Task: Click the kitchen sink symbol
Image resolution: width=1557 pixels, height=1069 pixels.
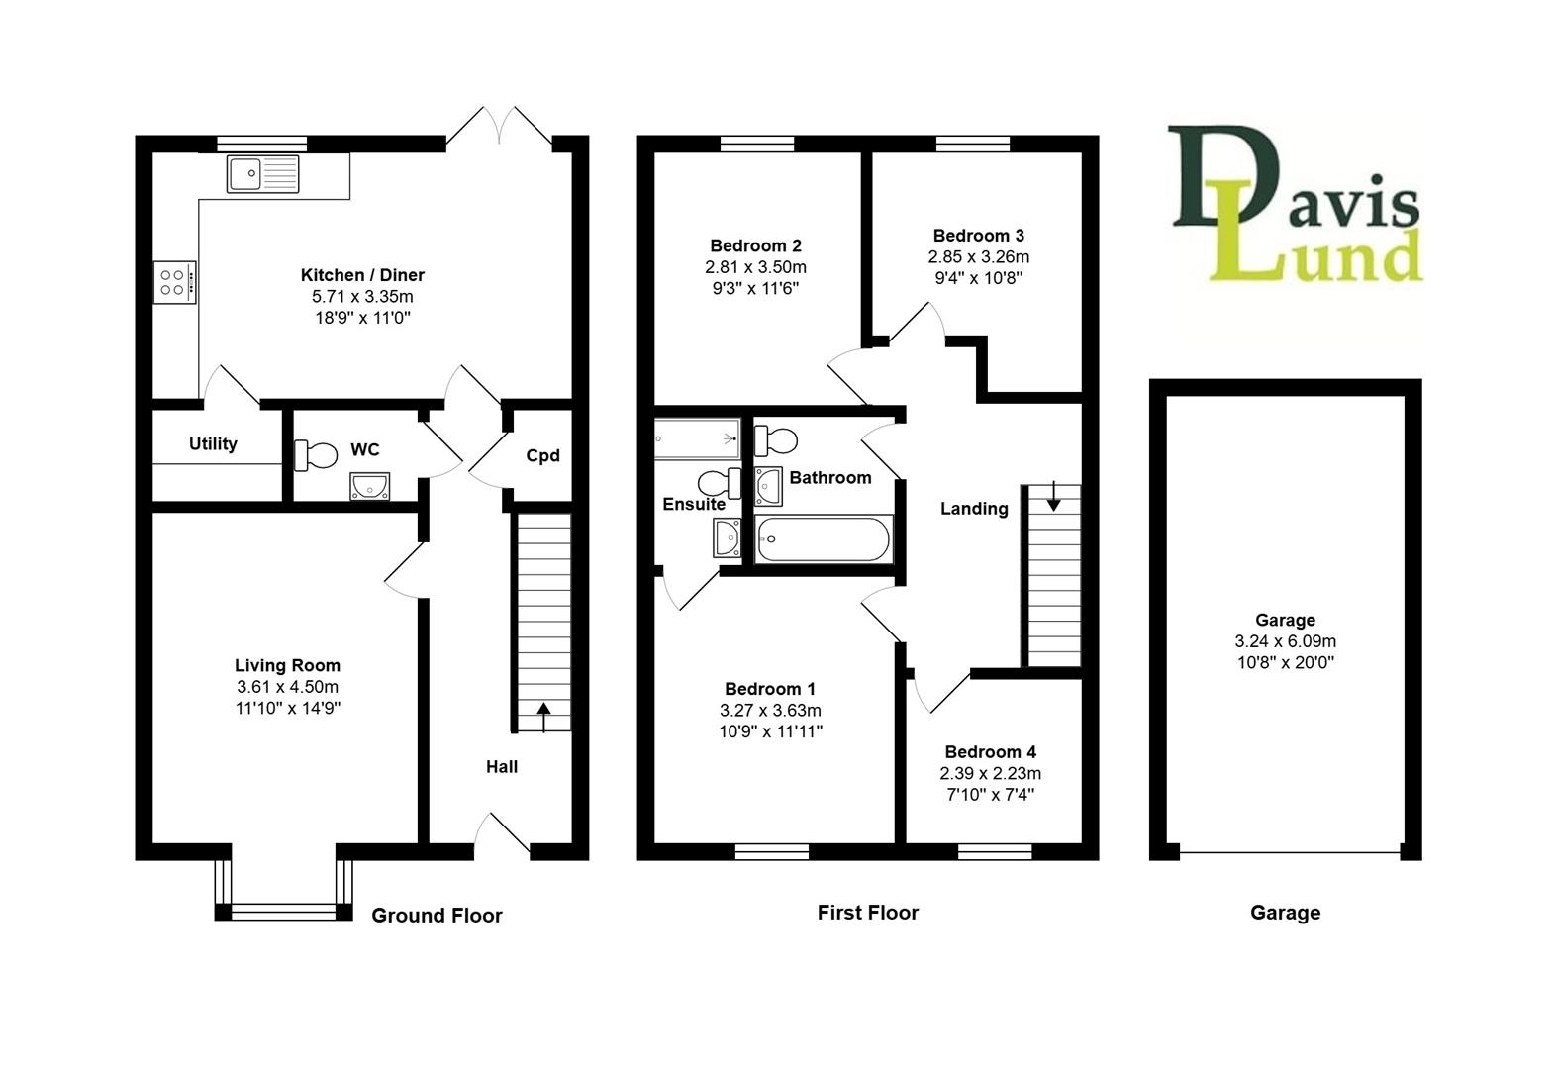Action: tap(262, 174)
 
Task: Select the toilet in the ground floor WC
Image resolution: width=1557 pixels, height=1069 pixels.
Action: tap(316, 454)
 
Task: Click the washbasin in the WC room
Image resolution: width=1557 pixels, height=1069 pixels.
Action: tap(369, 486)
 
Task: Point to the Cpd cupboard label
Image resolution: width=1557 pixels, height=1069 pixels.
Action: tap(542, 455)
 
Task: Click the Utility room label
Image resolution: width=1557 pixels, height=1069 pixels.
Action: tap(213, 443)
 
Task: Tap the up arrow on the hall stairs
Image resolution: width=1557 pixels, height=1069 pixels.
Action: tap(542, 715)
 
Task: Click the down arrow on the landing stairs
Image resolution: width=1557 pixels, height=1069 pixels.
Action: tap(1053, 497)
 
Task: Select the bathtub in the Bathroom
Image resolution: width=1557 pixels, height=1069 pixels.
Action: tap(823, 540)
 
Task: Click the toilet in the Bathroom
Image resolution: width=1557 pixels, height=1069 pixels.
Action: tap(777, 439)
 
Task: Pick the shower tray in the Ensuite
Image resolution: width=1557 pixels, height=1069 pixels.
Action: tap(697, 437)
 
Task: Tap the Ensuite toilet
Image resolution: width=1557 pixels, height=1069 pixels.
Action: tap(719, 483)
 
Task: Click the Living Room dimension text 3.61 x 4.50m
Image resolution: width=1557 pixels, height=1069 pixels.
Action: tap(287, 687)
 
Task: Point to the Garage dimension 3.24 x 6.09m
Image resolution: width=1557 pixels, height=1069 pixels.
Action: tap(1285, 641)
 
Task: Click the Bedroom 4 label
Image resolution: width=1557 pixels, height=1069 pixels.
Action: tap(990, 752)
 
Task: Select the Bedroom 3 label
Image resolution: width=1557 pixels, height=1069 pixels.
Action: tap(978, 236)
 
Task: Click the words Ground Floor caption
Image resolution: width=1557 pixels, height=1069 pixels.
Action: tap(437, 916)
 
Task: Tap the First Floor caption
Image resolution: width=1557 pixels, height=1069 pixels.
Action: tap(867, 913)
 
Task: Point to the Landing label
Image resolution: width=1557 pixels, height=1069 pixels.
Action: tap(974, 509)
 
